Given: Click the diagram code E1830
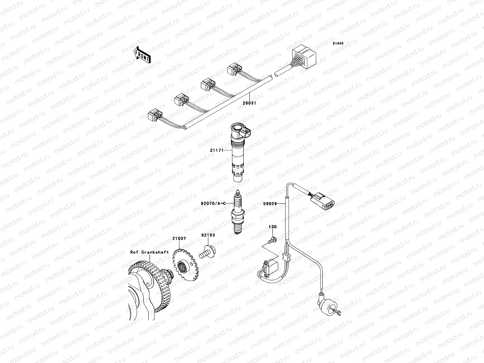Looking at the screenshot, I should [338, 44].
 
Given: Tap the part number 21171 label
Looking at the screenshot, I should [217, 150].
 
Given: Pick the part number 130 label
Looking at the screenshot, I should [273, 227].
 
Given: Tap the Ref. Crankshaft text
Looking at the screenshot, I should [149, 252].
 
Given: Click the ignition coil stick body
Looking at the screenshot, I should [237, 154].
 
